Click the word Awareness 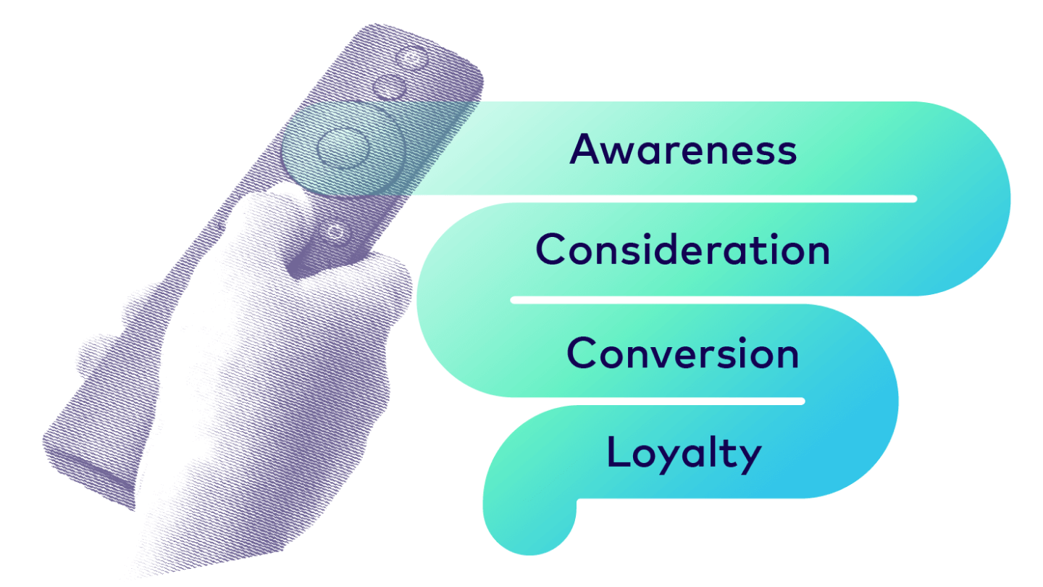[x=683, y=149]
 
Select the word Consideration [x=682, y=249]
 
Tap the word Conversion [x=682, y=353]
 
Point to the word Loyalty [x=684, y=454]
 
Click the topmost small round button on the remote [x=411, y=59]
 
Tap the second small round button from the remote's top [x=389, y=88]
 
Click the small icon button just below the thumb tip [x=335, y=232]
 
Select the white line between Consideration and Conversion [x=658, y=300]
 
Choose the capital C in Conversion [x=583, y=353]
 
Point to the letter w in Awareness [x=623, y=154]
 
